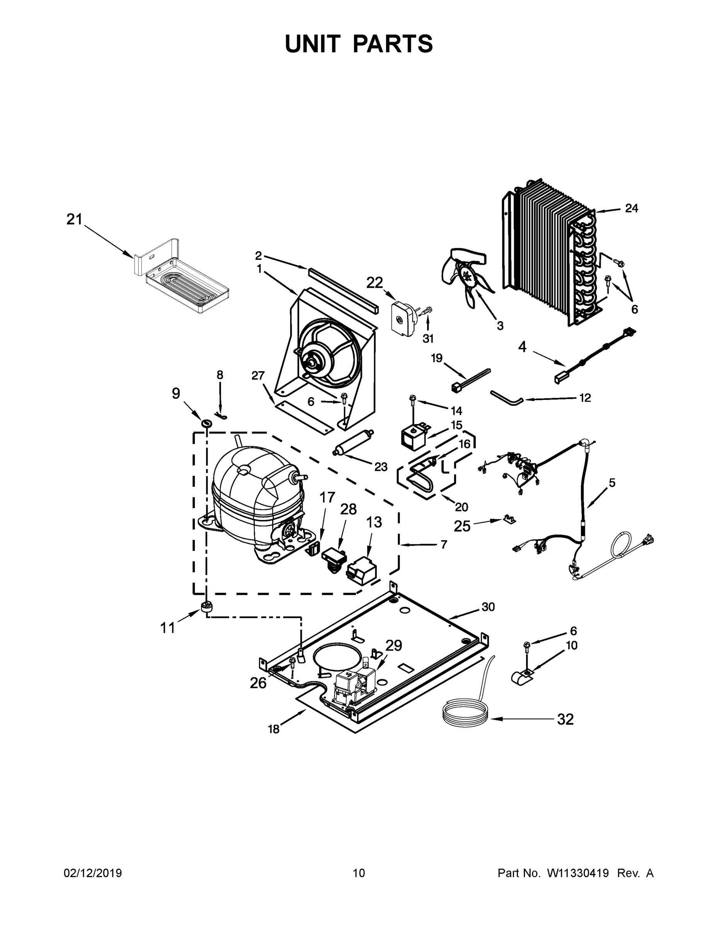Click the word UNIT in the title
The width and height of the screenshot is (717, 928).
tap(313, 44)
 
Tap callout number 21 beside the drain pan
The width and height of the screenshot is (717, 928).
tap(74, 220)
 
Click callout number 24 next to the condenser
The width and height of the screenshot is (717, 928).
tap(631, 208)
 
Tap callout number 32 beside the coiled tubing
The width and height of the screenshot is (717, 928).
tap(565, 719)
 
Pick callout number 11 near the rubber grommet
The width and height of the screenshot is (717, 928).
tap(167, 627)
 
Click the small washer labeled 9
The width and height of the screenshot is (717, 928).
tap(207, 423)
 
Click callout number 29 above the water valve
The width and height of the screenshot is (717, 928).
tap(394, 645)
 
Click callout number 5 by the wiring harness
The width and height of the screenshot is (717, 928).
tap(611, 483)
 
